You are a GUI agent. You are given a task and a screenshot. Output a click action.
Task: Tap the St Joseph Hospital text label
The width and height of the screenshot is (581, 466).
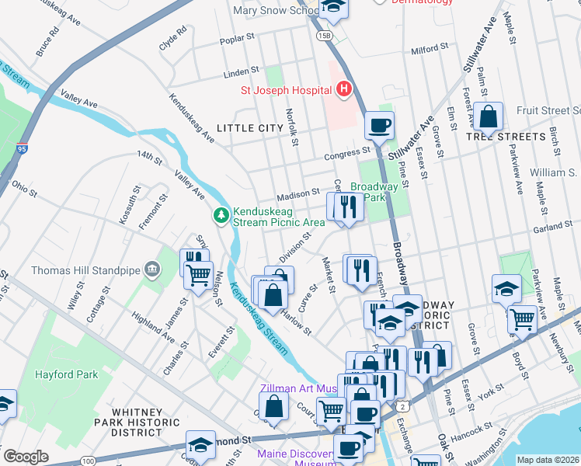[287, 90]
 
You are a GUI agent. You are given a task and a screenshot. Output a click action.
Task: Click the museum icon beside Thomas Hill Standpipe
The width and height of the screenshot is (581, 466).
[151, 270]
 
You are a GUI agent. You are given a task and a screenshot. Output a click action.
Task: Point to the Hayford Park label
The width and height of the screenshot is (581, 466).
[66, 374]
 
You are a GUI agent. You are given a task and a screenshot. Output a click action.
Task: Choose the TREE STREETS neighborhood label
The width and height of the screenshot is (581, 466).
[506, 137]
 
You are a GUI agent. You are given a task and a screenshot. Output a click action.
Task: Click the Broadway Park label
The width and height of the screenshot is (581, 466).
[374, 192]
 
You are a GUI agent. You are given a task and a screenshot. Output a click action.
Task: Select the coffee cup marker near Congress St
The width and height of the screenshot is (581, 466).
[379, 124]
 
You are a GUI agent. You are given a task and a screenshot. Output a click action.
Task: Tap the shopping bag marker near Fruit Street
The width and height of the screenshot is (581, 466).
[489, 117]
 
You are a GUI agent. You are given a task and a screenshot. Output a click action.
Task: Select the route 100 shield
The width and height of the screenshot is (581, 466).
[88, 461]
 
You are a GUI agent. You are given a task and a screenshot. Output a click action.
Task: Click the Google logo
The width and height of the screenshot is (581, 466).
[26, 457]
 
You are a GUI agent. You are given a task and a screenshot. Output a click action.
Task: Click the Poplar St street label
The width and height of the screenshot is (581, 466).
[238, 37]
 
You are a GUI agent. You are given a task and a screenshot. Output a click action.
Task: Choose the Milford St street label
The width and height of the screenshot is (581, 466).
[430, 49]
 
